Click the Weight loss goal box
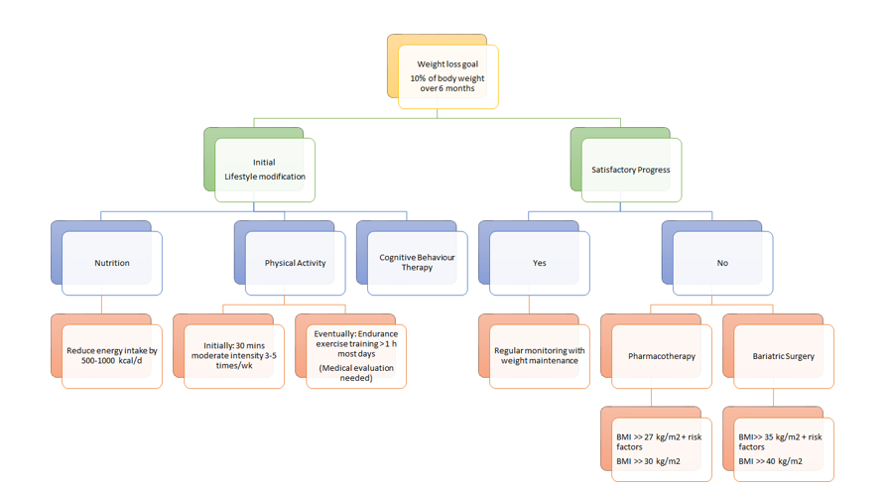[x=447, y=75]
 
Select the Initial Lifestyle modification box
[x=264, y=170]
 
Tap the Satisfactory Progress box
[x=630, y=170]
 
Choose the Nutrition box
[x=111, y=263]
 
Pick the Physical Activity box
[x=295, y=263]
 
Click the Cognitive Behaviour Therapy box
[x=417, y=263]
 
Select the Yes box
[x=539, y=263]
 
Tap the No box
[x=721, y=263]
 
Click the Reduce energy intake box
[x=111, y=355]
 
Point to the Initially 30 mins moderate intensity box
[x=233, y=355]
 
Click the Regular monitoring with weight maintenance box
[x=539, y=355]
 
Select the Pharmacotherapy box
[x=661, y=355]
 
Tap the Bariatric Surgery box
[x=783, y=355]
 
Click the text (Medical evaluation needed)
[x=355, y=373]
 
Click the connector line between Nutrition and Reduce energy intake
[x=101, y=305]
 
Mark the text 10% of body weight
[x=447, y=77]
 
